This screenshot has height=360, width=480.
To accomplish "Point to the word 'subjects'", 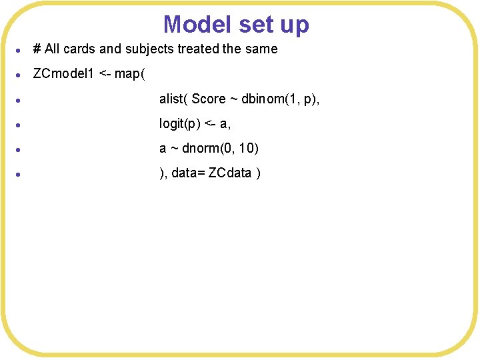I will (149, 49).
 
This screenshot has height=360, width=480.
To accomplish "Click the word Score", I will (209, 99).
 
